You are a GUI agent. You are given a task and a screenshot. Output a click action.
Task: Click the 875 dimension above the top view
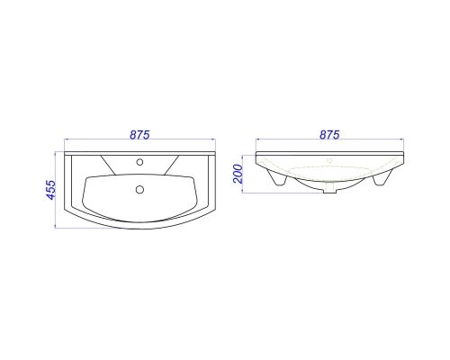139,135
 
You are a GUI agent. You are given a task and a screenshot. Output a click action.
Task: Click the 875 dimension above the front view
329,135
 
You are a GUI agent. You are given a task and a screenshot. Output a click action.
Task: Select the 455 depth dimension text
50,190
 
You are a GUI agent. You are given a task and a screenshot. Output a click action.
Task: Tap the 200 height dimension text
238,174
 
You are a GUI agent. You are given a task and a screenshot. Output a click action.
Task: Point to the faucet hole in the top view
139,162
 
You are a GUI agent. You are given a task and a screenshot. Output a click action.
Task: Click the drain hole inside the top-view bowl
139,190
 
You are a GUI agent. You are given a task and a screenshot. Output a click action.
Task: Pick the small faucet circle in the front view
329,160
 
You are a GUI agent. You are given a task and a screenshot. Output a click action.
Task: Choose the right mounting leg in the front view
382,177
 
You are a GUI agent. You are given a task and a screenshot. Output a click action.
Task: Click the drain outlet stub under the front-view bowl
329,189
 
